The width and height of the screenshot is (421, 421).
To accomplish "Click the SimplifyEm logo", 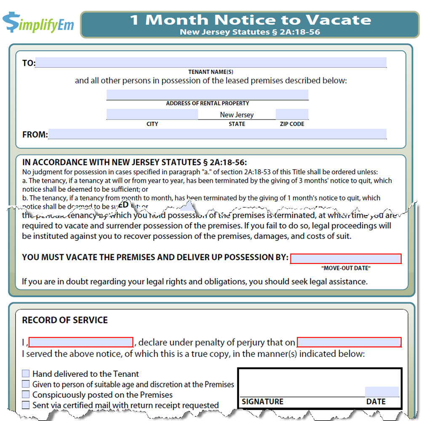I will [38, 23].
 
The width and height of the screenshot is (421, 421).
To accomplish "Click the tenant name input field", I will [210, 63].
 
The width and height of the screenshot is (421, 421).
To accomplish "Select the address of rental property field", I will [207, 95].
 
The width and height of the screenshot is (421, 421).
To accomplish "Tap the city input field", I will [152, 114].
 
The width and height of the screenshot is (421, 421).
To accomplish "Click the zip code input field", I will [292, 114].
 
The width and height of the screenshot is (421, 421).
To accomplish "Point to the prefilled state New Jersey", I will [237, 115].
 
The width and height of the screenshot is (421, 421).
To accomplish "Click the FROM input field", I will [217, 134].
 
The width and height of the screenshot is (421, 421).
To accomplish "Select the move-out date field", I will [346, 258].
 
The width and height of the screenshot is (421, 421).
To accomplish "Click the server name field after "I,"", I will [81, 342].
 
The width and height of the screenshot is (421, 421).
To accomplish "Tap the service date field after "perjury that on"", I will [349, 342].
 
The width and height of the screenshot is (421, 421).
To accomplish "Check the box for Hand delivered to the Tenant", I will [26, 373].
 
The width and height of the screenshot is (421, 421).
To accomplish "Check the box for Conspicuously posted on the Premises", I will [26, 394].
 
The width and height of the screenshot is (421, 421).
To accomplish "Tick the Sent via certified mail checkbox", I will [26, 405].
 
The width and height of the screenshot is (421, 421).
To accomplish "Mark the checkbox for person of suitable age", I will [26, 384].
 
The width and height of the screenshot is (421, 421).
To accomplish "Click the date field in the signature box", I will [381, 392].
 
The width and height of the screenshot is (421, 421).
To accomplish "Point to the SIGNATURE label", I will [263, 402].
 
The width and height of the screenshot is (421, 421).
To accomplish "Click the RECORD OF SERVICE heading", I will [65, 320].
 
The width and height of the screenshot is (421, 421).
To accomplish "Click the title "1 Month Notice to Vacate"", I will [250, 19].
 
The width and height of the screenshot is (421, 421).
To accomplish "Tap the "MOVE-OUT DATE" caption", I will [346, 268].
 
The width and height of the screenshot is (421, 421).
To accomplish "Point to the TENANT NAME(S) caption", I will [210, 72].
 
